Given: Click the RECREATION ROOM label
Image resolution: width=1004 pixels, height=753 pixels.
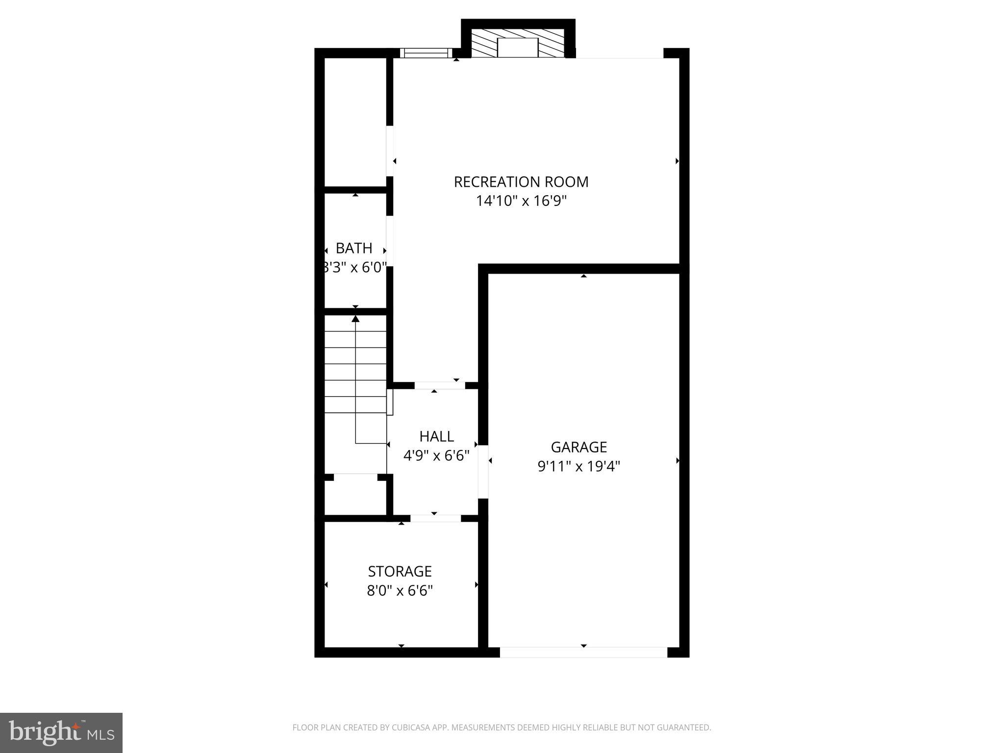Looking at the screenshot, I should (521, 182).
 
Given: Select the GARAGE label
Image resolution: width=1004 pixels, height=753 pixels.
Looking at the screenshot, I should (578, 447).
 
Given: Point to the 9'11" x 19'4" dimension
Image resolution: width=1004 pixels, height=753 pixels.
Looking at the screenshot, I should (578, 466).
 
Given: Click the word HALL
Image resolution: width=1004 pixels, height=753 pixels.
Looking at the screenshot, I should (436, 436).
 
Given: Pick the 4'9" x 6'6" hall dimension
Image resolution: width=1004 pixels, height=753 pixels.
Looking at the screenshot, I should (436, 456).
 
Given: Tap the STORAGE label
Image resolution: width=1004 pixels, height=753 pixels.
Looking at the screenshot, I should (400, 572).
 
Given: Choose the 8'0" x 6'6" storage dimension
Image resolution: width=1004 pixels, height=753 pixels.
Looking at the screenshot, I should (400, 591).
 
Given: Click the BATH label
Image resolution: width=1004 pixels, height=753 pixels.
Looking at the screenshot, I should (354, 248).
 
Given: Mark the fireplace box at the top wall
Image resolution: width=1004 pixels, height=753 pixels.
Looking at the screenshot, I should (518, 47).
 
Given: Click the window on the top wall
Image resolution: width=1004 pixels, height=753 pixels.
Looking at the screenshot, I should (426, 53).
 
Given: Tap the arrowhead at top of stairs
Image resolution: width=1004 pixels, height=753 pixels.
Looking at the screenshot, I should (355, 319).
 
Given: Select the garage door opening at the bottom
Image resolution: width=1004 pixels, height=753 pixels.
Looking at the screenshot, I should (583, 652).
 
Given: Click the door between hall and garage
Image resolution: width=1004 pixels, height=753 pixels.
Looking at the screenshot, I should (483, 472).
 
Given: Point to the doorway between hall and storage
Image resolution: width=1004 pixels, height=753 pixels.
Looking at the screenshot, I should (435, 518).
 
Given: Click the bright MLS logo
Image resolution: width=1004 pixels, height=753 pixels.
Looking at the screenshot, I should (61, 733).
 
